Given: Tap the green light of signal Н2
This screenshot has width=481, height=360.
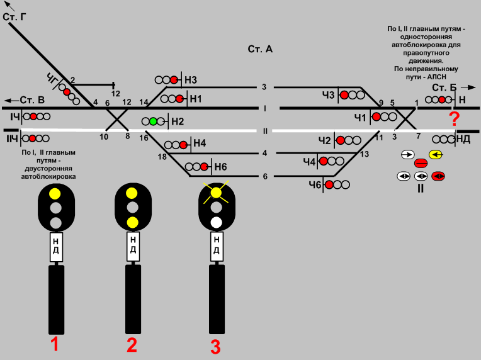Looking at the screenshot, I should [153, 121].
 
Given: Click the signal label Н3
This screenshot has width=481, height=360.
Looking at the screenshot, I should [191, 80].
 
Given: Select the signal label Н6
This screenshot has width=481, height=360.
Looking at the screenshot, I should [220, 167].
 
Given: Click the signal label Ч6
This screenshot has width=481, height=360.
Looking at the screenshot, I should [315, 184].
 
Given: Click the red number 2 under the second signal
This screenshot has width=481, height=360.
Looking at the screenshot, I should [132, 344].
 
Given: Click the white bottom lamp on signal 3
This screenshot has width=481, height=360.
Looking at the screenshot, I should [216, 222].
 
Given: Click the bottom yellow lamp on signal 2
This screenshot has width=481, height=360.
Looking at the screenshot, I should [132, 222].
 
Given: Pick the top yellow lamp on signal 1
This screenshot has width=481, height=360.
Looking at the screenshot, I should [55, 193].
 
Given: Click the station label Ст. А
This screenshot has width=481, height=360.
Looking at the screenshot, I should [259, 49].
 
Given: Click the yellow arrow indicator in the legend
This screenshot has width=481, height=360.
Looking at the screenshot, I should [435, 154].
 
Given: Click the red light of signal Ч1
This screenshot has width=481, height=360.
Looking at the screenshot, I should [376, 116].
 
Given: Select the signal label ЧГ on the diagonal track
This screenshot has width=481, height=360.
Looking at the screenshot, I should [53, 79].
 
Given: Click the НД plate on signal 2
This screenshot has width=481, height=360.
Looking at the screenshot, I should [132, 246].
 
